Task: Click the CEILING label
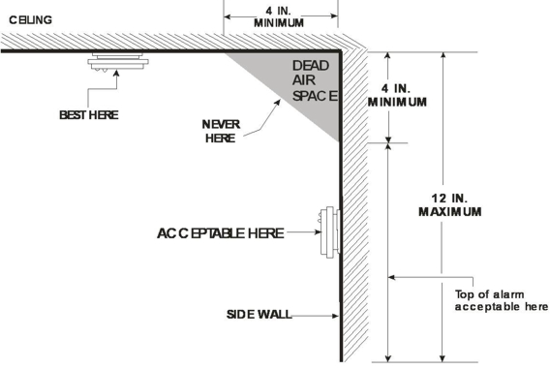tap(31, 20)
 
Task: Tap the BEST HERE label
tap(89, 115)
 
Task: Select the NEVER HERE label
tap(221, 131)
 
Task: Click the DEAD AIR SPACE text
tap(315, 80)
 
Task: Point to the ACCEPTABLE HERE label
tap(220, 233)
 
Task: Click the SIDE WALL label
tap(260, 315)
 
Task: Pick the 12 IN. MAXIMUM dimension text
tap(450, 205)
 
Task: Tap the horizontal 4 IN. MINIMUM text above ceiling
tap(279, 16)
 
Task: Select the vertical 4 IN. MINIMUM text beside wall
tap(397, 95)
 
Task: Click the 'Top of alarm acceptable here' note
tap(502, 300)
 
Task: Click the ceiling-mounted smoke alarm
tap(118, 62)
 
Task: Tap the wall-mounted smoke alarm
tap(329, 232)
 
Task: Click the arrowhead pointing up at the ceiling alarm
tap(116, 73)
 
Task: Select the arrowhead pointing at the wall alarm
tap(318, 231)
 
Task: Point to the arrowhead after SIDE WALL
tap(335, 316)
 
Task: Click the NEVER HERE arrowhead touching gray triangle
tap(278, 103)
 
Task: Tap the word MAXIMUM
tap(450, 212)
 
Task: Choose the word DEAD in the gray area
tap(311, 66)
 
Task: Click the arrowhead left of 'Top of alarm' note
tap(392, 277)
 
